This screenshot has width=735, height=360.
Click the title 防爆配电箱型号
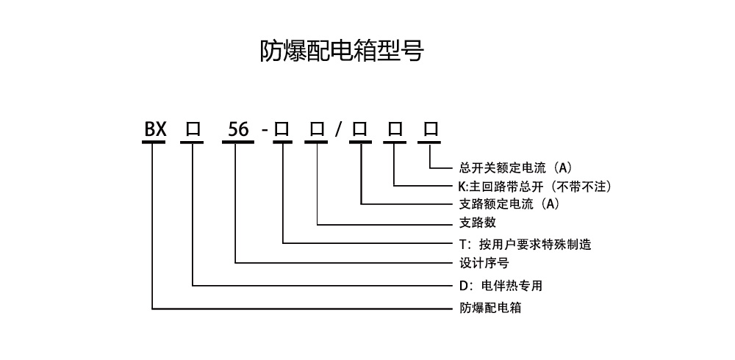[x=342, y=50]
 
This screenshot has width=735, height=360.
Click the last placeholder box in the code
[x=430, y=130]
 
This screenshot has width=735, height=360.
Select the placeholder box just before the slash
[x=318, y=130]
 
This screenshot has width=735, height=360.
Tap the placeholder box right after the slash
[x=359, y=130]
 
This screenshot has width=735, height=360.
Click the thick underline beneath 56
[x=236, y=142]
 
